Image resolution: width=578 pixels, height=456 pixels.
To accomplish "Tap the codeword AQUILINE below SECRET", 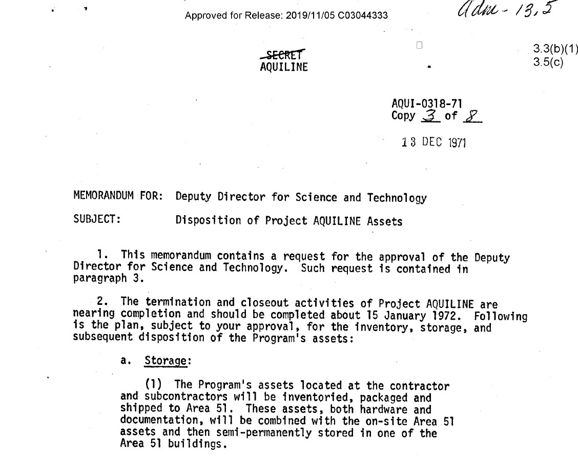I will click(x=284, y=67).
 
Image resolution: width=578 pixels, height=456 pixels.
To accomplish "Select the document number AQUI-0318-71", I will click(x=427, y=104).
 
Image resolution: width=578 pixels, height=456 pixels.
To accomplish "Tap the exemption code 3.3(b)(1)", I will click(x=555, y=49).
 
